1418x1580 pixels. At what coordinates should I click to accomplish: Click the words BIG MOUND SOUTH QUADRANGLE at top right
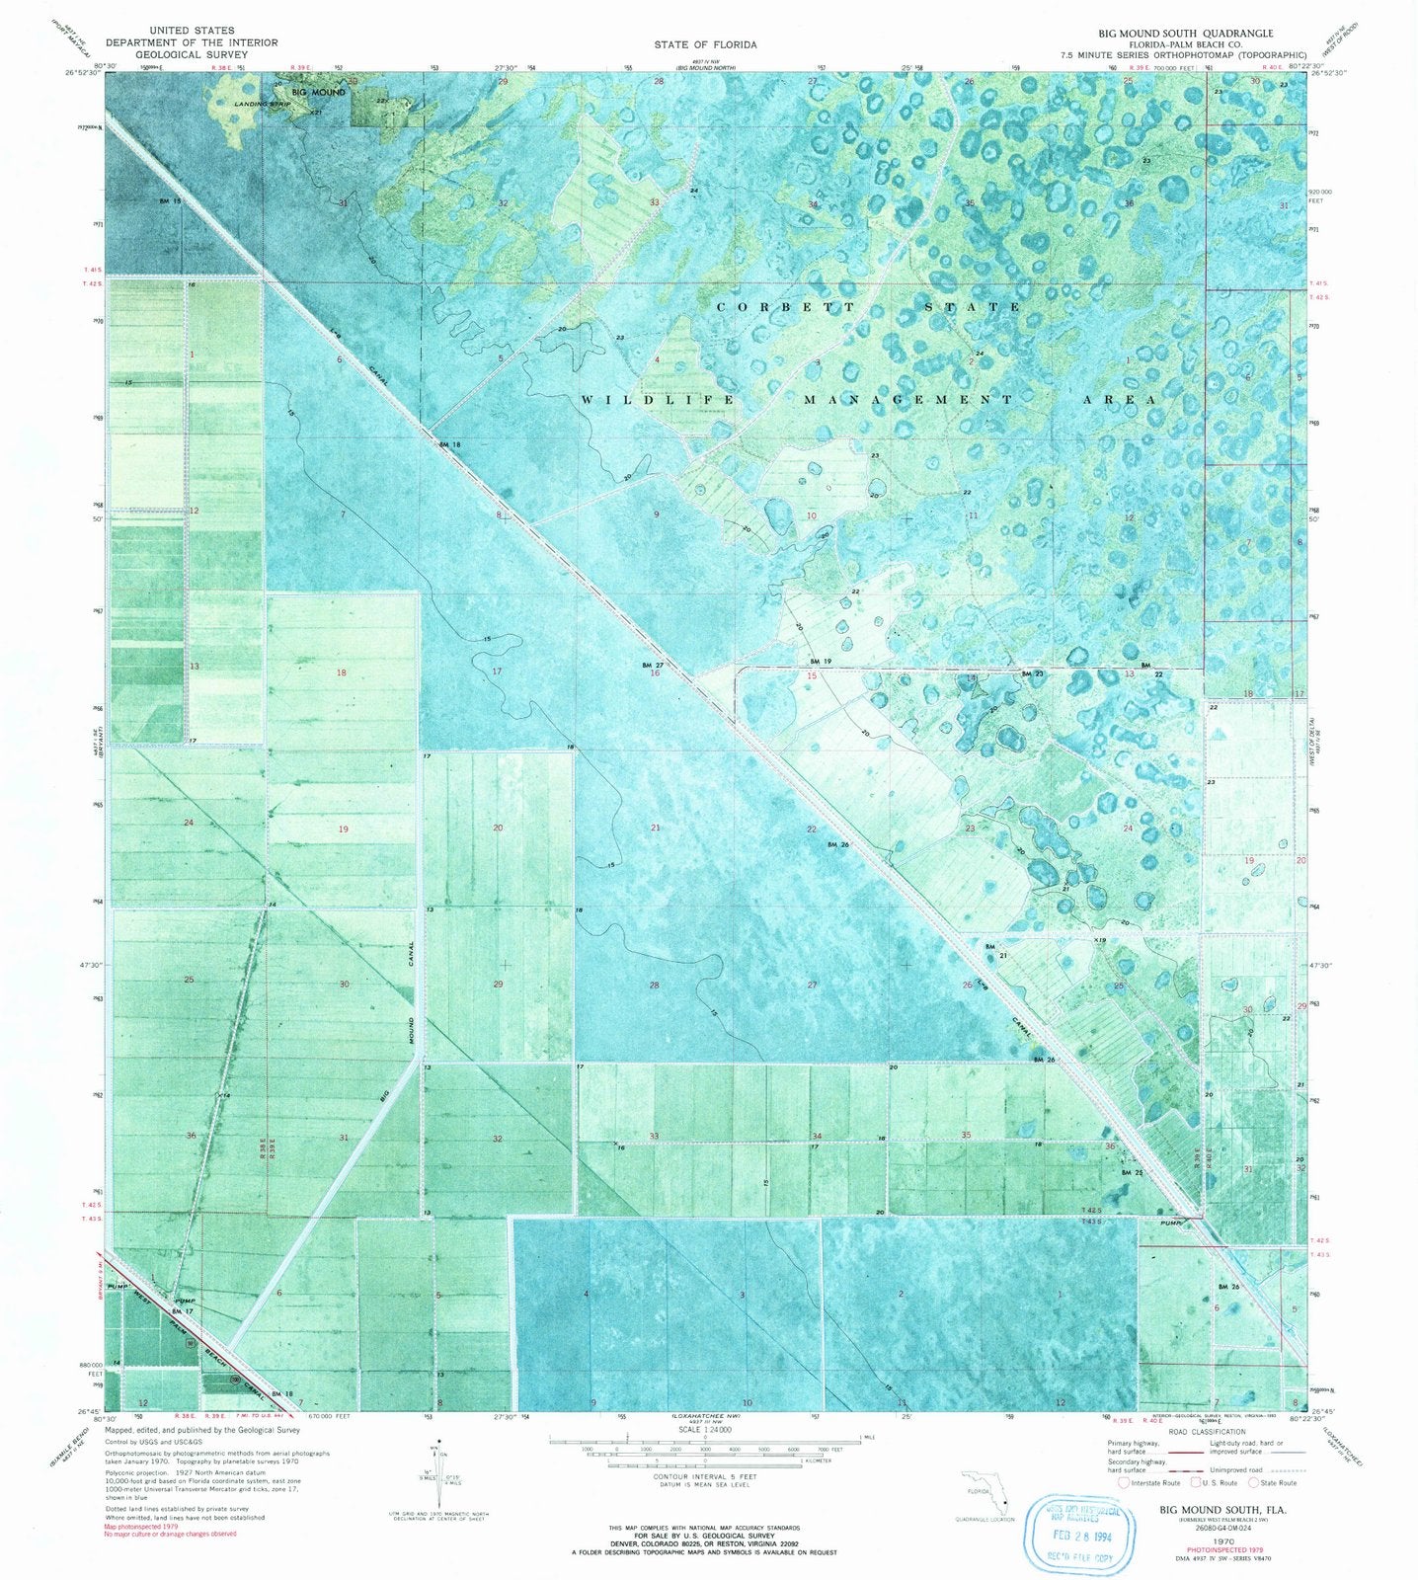1178,32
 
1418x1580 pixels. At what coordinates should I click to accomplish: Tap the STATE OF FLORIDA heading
705,44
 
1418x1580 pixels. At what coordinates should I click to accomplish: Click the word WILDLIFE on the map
658,400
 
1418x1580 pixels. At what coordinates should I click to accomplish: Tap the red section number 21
655,828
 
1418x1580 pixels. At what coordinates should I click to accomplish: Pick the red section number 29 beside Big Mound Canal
498,985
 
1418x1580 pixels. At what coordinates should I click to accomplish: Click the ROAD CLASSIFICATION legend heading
1205,1431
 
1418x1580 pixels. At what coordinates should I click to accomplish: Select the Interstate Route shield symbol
1124,1482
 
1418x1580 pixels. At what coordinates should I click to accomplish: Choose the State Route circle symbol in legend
1254,1482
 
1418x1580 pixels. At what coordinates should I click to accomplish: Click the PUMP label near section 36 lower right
1171,1221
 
